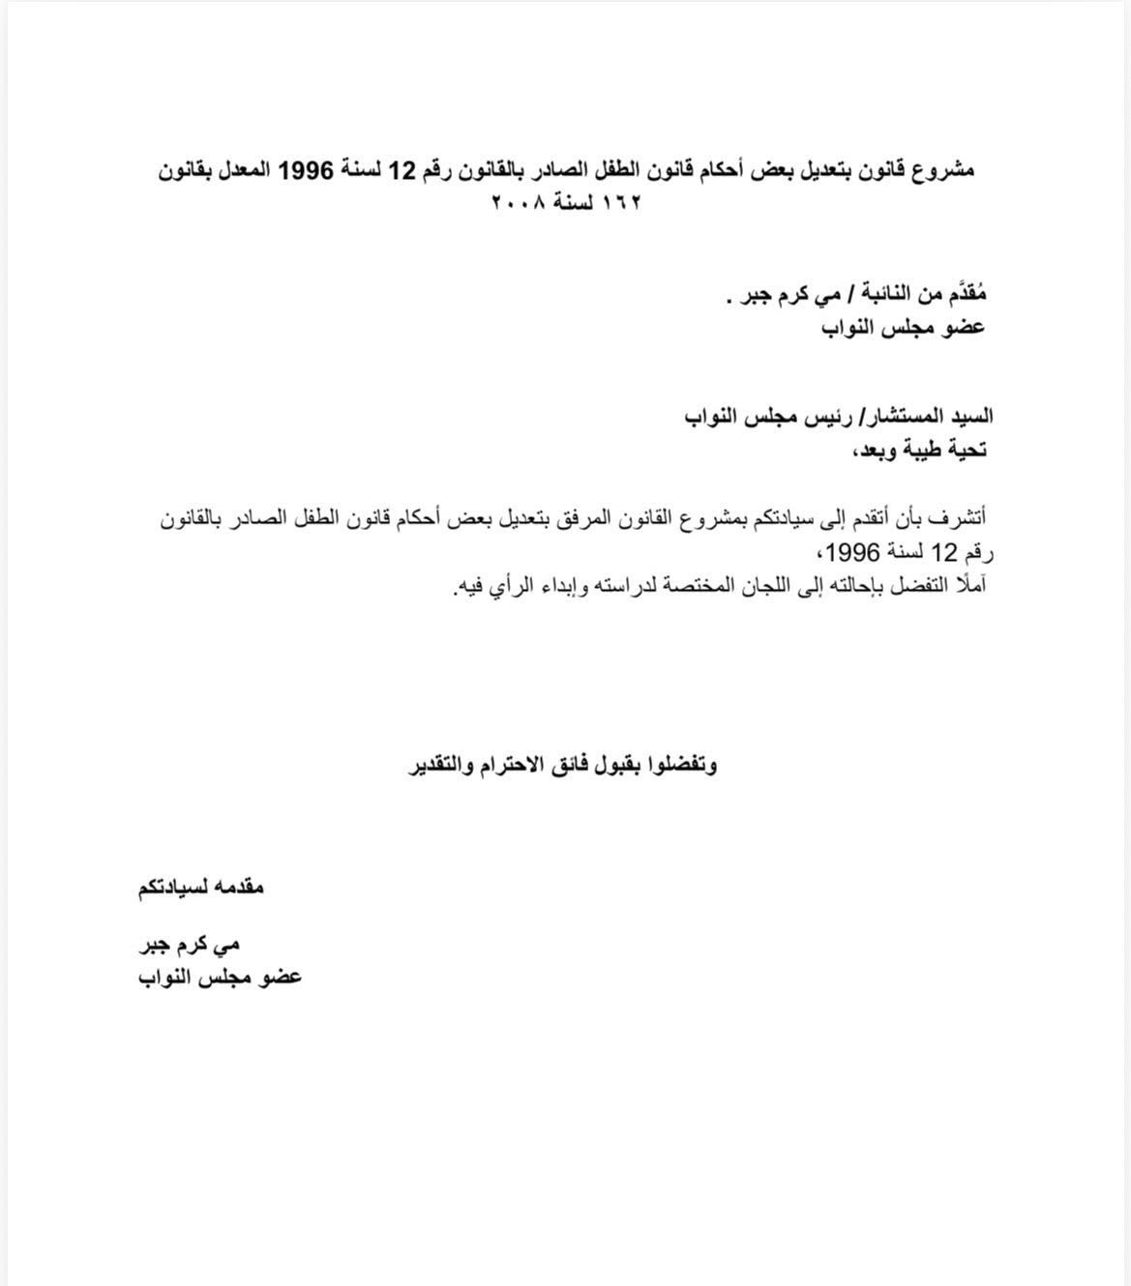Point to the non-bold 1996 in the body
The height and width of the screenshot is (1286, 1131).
click(x=852, y=552)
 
